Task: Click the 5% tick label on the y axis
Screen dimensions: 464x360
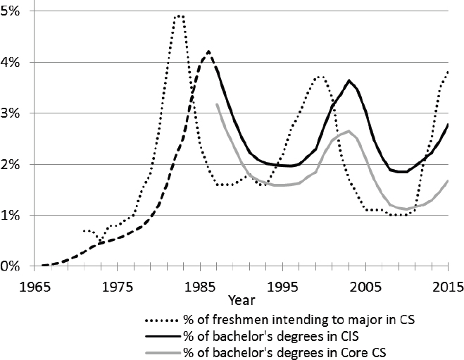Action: point(10,11)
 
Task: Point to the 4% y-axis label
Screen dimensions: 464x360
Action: point(10,63)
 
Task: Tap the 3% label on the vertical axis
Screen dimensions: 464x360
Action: point(10,113)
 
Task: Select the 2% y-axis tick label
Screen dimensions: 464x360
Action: point(10,165)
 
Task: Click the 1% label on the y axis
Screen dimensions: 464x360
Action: point(10,216)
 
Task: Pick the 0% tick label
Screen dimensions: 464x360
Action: point(10,266)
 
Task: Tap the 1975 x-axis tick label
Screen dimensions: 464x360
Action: point(118,287)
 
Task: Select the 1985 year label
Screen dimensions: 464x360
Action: point(201,287)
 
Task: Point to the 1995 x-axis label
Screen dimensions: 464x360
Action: point(283,287)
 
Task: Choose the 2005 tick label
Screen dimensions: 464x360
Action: point(365,287)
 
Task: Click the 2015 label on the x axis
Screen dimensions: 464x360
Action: point(449,287)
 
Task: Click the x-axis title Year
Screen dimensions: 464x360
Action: point(242,301)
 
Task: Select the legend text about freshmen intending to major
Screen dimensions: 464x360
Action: point(299,320)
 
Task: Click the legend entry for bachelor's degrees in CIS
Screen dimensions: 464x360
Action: point(271,336)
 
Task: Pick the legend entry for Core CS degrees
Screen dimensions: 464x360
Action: point(284,352)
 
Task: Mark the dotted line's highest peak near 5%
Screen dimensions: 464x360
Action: point(180,16)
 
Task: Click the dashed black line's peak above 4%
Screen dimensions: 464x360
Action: point(208,51)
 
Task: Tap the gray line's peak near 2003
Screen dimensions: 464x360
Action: point(349,131)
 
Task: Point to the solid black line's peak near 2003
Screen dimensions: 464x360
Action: point(349,80)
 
